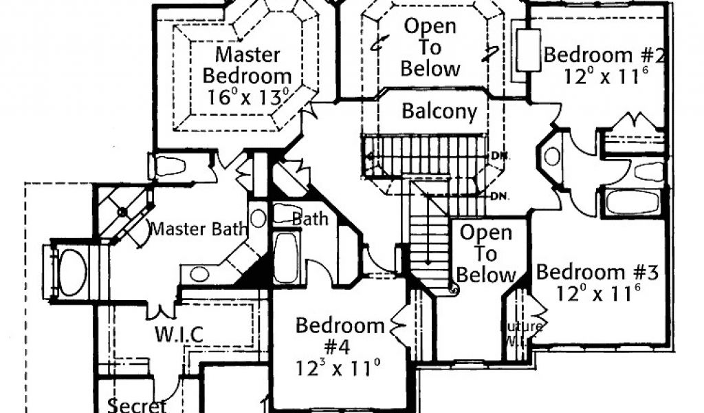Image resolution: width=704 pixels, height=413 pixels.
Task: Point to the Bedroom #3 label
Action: pos(597,272)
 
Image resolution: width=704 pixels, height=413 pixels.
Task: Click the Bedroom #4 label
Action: pos(340,335)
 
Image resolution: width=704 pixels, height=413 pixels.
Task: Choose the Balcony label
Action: pos(439,112)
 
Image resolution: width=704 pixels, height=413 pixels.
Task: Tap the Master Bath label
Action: pos(198,229)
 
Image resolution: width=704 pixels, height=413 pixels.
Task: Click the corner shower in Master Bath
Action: pos(122,211)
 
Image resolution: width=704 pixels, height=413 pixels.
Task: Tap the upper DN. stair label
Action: pos(500,156)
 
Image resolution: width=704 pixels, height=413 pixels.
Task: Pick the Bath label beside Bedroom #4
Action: pos(310,219)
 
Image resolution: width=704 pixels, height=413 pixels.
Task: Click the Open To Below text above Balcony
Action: pos(430,47)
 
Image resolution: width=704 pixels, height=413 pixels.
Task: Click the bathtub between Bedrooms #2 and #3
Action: pos(632,202)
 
